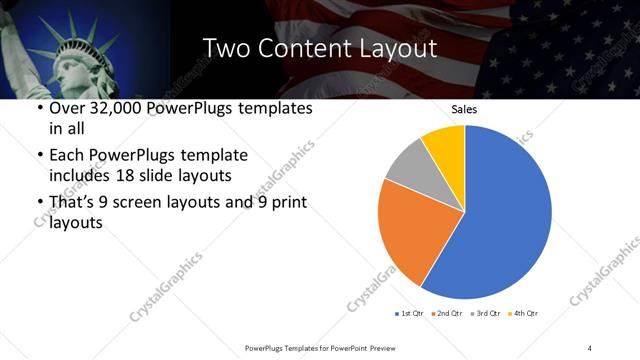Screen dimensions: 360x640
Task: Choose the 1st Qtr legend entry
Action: [x=411, y=314]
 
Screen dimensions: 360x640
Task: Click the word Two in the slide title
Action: [x=223, y=47]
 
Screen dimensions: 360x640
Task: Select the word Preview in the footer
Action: [x=381, y=347]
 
